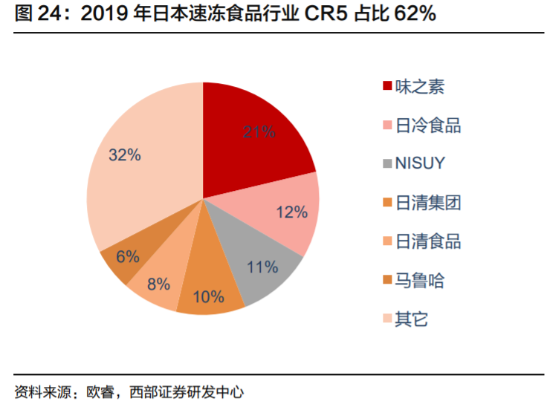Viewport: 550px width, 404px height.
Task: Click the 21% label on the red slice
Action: pos(259,132)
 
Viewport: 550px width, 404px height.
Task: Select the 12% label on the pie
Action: pos(291,212)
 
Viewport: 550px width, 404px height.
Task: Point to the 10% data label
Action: pos(208,297)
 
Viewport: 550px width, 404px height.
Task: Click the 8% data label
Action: pos(158,283)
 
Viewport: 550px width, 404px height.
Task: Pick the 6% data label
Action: pos(127,256)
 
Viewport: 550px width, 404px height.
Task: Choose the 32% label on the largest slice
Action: pos(124,154)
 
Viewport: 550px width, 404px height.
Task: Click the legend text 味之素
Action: pos(419,87)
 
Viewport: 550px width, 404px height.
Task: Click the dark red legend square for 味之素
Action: pos(386,87)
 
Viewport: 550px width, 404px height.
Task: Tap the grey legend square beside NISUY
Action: pos(386,163)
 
